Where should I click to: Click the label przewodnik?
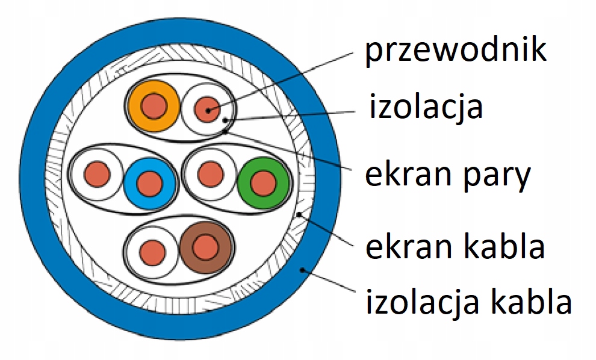[x=456, y=51]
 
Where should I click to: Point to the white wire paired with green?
[x=210, y=174]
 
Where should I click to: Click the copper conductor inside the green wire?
[x=262, y=182]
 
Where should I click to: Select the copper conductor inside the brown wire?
[x=206, y=246]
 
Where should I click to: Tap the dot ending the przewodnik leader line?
[x=209, y=111]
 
